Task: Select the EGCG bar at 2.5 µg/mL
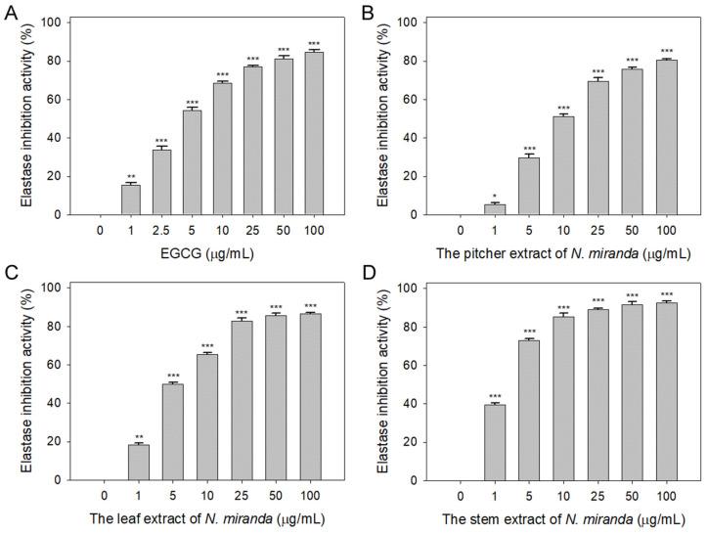click(161, 182)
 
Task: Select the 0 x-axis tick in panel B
click(461, 232)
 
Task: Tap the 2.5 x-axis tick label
click(161, 232)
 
